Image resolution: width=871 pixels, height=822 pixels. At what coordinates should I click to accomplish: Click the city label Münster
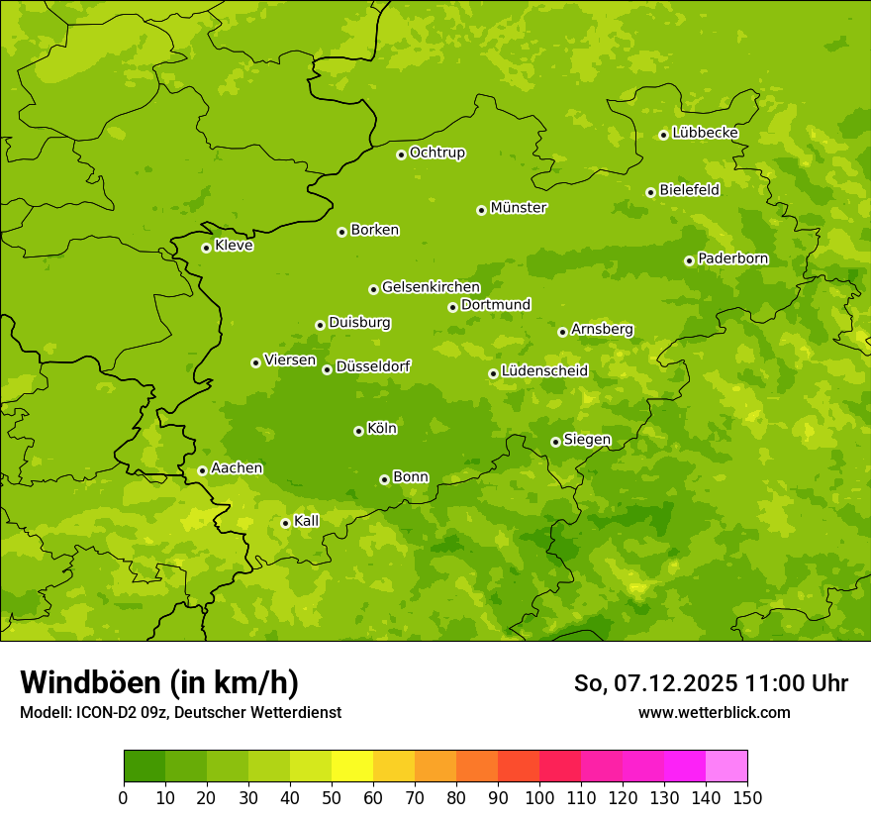519,208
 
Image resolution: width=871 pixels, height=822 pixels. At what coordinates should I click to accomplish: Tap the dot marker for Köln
358,431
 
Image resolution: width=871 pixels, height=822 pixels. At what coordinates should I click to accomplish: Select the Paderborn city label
732,258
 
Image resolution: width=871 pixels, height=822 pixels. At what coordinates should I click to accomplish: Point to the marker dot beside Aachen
202,470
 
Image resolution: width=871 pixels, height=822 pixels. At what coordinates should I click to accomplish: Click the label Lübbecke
705,133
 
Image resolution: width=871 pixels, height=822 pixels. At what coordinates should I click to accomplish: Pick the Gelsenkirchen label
431,287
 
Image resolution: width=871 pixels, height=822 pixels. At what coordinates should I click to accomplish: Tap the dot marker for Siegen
555,442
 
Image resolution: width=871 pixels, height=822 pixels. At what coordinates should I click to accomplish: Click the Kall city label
307,521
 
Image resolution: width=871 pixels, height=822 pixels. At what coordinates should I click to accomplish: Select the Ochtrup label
436,153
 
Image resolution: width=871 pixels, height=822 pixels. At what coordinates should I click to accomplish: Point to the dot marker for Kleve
206,248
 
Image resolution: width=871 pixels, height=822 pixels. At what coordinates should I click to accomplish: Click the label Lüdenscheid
544,371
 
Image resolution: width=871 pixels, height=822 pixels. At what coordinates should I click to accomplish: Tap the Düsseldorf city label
372,366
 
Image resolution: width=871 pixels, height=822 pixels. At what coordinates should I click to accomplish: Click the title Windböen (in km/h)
159,682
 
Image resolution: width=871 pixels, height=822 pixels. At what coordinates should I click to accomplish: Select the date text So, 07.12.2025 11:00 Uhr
711,683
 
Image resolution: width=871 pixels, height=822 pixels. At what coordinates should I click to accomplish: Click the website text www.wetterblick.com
714,712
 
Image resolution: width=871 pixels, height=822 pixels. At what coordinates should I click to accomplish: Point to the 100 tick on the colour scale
539,797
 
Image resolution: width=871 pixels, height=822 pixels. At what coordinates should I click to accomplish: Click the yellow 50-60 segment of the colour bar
352,767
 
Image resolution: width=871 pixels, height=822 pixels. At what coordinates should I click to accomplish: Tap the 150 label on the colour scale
746,797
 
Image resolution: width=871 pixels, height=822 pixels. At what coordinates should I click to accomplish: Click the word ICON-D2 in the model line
101,712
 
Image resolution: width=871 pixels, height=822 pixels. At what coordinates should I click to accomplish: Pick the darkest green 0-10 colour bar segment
145,767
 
